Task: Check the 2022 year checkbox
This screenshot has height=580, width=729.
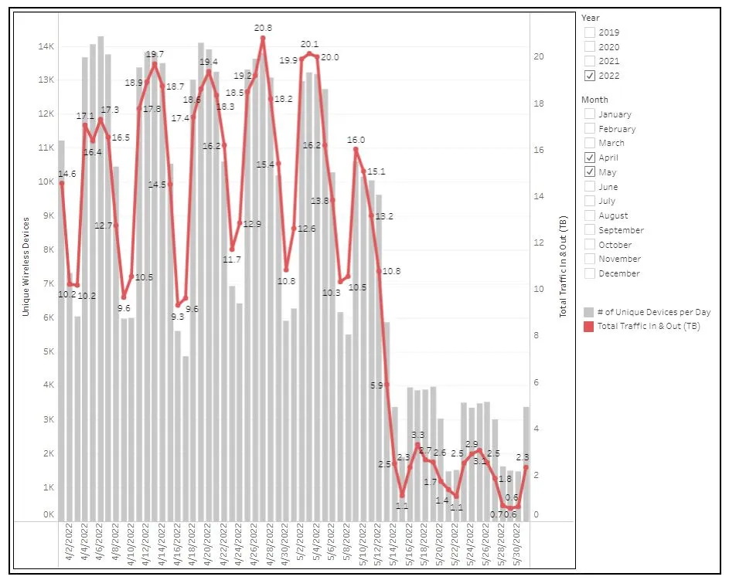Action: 590,76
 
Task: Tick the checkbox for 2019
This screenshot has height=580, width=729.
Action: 590,32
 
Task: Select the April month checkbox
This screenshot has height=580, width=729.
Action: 590,158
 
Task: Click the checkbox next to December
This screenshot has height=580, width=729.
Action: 590,273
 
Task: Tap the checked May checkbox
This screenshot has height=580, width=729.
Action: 590,172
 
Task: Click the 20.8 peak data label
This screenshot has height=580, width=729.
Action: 264,28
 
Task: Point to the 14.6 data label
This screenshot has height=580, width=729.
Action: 67,174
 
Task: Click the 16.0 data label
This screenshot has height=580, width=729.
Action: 356,140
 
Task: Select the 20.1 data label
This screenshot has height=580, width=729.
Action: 309,44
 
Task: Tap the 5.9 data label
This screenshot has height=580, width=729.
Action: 377,385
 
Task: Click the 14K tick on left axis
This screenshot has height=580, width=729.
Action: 46,46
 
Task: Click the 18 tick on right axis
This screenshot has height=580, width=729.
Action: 541,103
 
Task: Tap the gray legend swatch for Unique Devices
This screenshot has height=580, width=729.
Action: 589,312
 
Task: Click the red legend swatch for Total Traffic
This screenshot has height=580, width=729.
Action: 589,326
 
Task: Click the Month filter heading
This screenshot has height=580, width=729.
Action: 594,100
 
